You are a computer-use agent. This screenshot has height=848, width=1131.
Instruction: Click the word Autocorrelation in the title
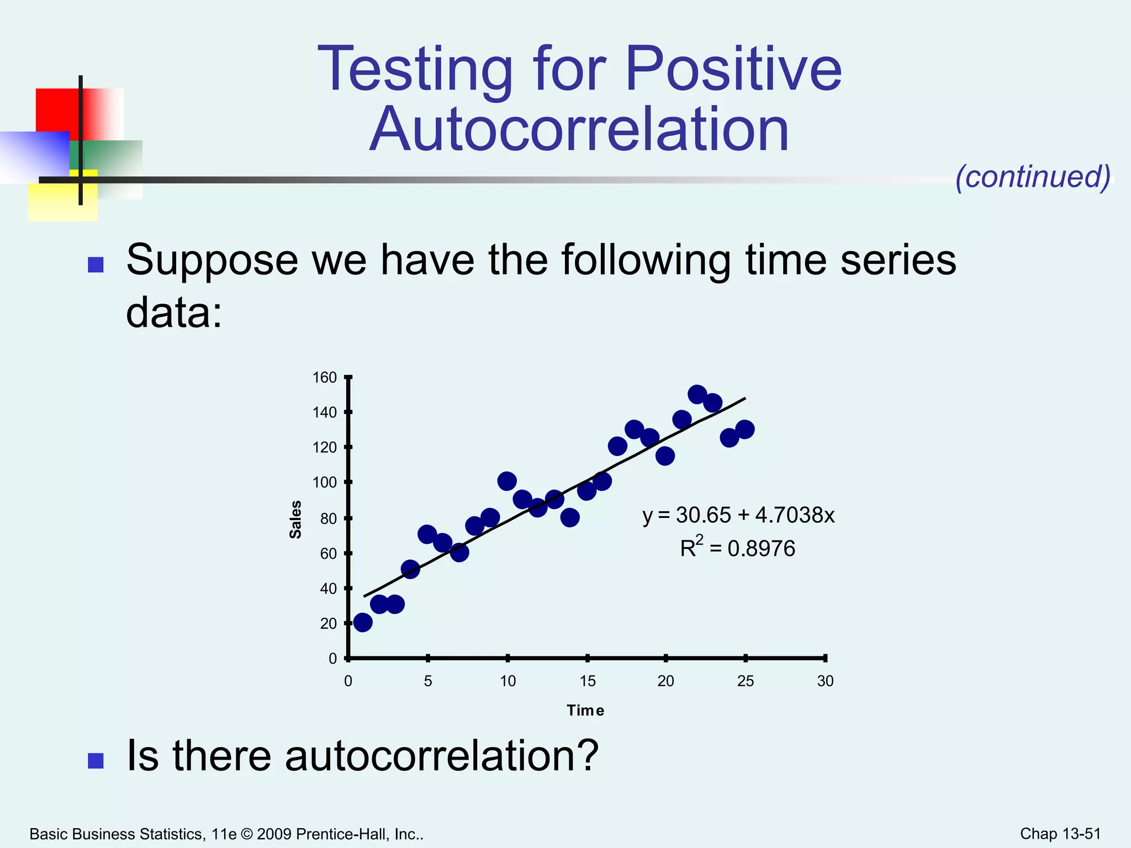click(579, 129)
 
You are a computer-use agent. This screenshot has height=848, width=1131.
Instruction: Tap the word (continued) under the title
click(1033, 177)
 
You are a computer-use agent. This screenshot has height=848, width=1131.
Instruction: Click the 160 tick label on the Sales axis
click(325, 378)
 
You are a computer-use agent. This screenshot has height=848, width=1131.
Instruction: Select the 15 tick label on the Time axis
click(588, 681)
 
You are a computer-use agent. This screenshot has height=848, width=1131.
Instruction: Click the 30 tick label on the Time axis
click(825, 681)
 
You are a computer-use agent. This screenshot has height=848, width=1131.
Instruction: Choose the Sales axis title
click(296, 520)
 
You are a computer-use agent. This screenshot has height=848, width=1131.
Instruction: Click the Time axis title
click(585, 711)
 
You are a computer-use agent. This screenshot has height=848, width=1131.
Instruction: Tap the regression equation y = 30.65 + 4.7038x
click(738, 515)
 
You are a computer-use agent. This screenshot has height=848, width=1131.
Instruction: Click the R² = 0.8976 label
click(738, 548)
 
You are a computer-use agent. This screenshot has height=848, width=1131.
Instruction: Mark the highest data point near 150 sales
click(697, 395)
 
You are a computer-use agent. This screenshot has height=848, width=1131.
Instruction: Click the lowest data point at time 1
click(363, 622)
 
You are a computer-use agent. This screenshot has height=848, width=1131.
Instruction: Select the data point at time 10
click(507, 481)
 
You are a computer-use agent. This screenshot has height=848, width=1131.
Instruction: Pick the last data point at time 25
click(745, 429)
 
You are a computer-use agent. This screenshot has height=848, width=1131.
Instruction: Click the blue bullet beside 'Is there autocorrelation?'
click(96, 761)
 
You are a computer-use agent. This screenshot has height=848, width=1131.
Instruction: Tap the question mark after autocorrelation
click(588, 755)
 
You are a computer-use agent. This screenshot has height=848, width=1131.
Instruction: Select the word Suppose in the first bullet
click(212, 261)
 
